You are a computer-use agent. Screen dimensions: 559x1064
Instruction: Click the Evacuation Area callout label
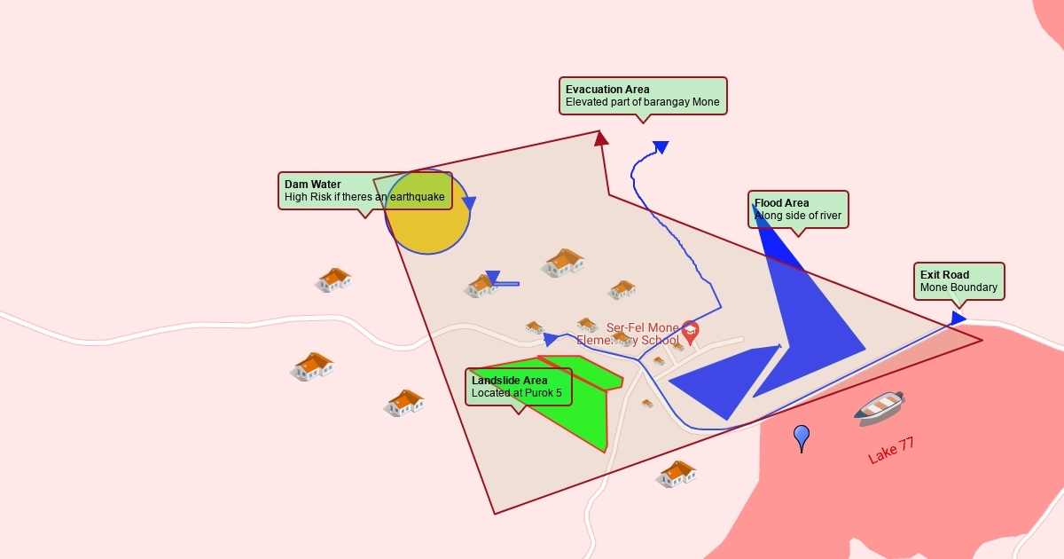pos(643,95)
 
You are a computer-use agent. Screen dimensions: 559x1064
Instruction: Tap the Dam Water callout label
pos(365,190)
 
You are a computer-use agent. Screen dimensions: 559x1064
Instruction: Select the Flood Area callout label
pos(798,209)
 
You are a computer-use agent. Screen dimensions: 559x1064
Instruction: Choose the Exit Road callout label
pos(958,281)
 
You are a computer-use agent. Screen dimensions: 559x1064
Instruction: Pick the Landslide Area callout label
pos(519,387)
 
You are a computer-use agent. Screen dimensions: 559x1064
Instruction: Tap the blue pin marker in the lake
pos(802,436)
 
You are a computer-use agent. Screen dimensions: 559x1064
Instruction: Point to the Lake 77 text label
pos(891,451)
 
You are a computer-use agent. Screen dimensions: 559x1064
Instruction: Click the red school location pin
pos(690,332)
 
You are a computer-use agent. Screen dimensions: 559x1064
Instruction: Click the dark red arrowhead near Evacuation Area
pos(601,138)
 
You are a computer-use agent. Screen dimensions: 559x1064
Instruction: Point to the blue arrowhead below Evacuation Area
pos(661,146)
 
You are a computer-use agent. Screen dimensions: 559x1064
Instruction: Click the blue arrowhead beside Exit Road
pos(958,318)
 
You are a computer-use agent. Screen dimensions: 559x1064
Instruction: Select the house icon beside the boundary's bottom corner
pos(677,474)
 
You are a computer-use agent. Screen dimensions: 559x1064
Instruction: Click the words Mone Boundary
pos(958,287)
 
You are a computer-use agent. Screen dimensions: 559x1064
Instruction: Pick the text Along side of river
pos(798,216)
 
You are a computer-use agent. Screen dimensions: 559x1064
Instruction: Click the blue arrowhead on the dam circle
pos(469,203)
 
